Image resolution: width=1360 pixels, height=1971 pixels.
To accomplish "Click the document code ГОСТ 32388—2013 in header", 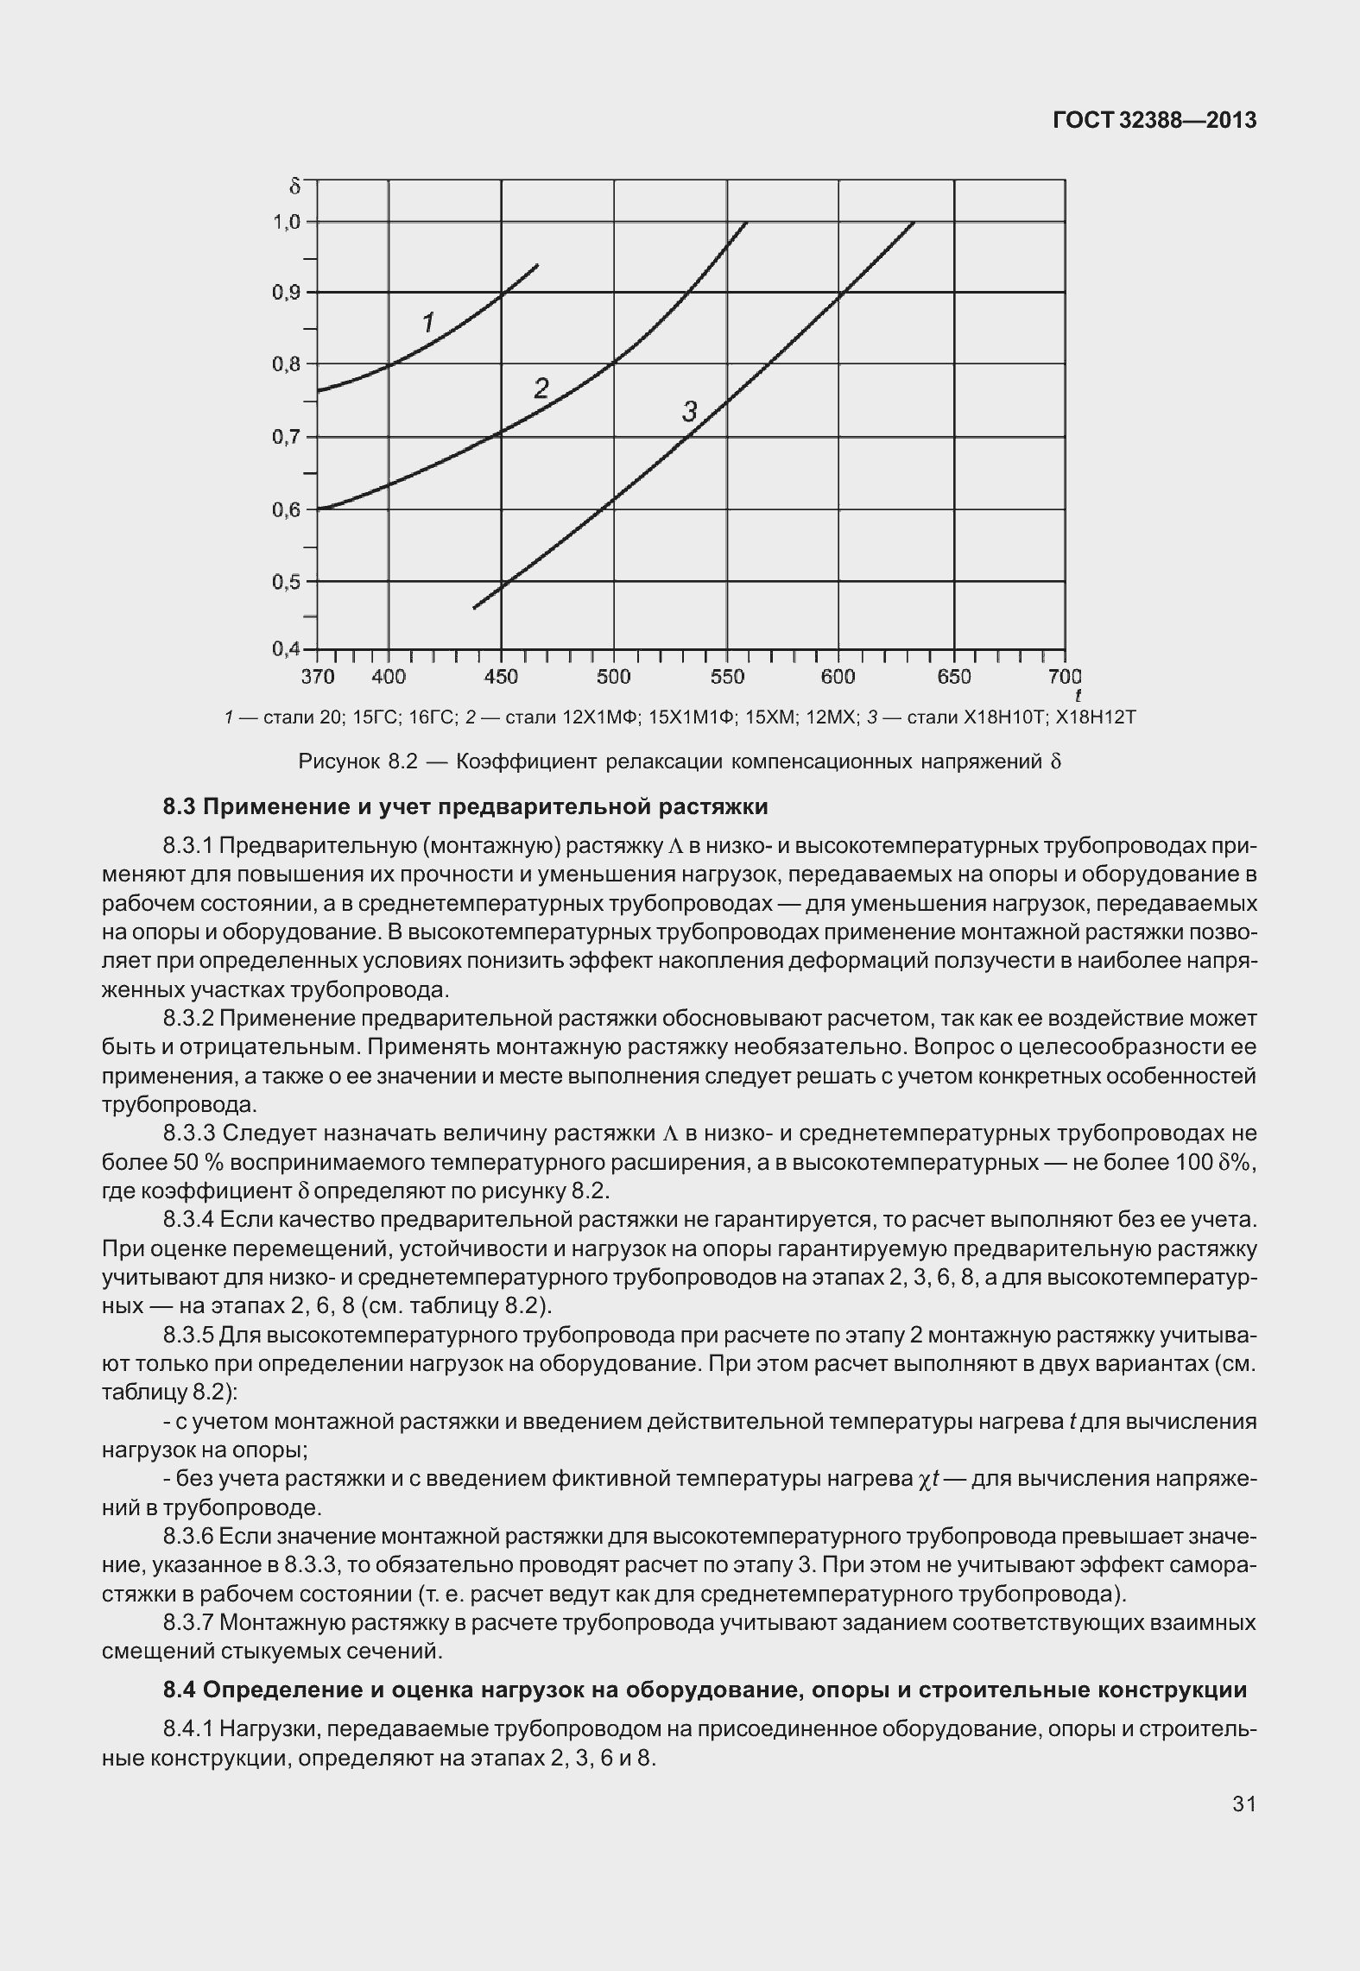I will [x=1154, y=121].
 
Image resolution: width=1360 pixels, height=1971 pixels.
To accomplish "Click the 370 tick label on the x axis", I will [x=318, y=677].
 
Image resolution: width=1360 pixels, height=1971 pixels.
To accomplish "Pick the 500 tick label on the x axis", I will [x=613, y=677].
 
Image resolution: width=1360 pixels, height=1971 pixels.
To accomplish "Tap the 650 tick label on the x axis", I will [x=954, y=677].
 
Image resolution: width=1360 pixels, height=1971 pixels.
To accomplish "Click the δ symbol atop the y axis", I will [x=294, y=186].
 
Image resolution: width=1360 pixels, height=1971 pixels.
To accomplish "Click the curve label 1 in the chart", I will [x=427, y=323].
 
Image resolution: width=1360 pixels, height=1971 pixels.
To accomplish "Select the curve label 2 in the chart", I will [x=541, y=389].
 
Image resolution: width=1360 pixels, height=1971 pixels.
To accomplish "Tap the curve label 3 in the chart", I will [x=689, y=412].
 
